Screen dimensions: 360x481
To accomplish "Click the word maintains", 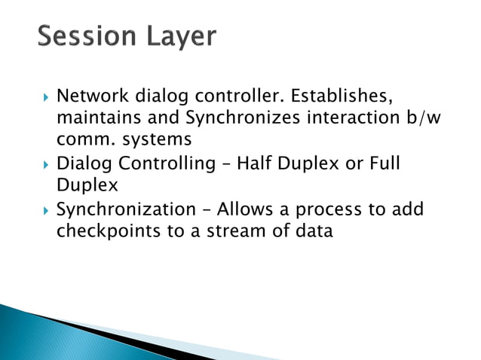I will [93, 118].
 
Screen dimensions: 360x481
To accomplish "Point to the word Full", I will [383, 163].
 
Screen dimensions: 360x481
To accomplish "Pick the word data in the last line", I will [311, 232].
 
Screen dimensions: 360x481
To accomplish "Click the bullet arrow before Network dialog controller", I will [45, 97].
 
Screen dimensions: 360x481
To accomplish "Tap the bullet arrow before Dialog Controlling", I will [45, 164].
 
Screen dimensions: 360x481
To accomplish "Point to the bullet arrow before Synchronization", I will [45, 209].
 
